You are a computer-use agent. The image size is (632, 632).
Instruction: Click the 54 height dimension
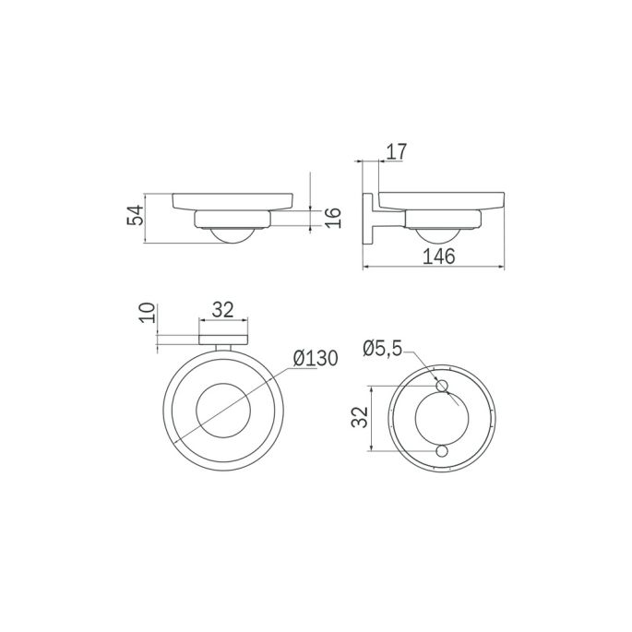136,218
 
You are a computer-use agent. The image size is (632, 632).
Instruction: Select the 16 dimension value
334,219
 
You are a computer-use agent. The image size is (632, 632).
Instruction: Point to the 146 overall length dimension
438,257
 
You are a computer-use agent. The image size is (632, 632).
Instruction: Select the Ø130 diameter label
315,357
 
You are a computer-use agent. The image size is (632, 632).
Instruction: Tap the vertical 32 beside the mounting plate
360,418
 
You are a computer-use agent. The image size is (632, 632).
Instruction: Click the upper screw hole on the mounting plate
442,386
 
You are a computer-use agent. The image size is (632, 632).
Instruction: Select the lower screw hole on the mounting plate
442,450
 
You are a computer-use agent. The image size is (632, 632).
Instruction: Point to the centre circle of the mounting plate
442,418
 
